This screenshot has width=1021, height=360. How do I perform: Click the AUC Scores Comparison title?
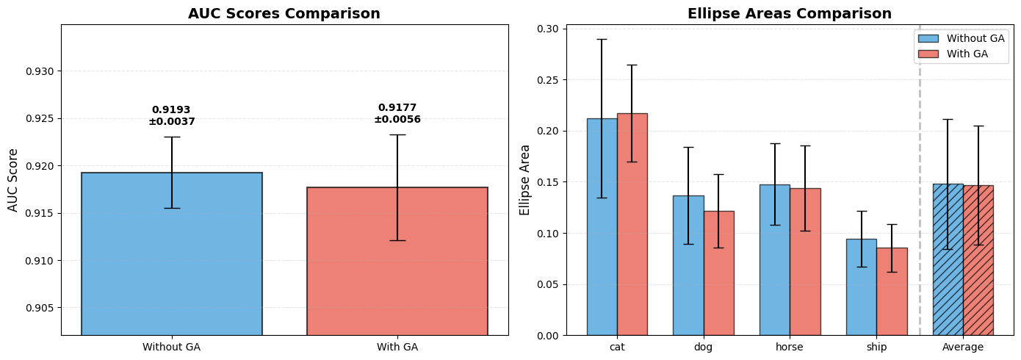point(284,14)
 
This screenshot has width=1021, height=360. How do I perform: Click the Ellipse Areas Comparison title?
point(790,14)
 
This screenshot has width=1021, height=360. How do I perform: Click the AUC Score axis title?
point(13,180)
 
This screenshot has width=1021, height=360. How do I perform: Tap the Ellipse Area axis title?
point(524,180)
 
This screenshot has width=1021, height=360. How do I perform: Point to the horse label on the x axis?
point(790,347)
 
